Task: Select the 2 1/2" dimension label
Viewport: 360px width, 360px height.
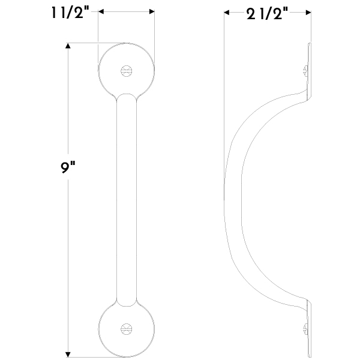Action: coord(267,13)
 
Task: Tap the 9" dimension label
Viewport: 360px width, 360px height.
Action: coord(68,167)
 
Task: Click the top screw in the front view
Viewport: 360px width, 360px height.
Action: coord(126,71)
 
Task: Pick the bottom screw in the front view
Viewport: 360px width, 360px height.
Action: coord(126,329)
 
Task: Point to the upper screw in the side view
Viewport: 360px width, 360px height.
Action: coord(305,70)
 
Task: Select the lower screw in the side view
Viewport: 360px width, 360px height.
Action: coord(305,329)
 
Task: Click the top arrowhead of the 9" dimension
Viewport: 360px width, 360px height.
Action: coord(68,46)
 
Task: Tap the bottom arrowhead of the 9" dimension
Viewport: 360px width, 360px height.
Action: coord(68,354)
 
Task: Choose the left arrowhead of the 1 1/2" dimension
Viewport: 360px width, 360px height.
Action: coord(101,11)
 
